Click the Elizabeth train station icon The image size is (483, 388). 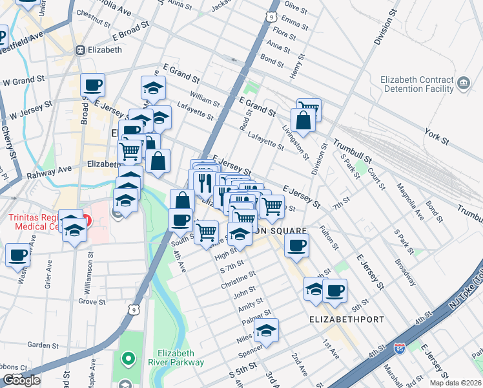pyautogui.click(x=81, y=50)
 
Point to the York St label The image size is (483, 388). pyautogui.click(x=437, y=135)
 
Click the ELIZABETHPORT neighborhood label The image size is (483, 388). pyautogui.click(x=347, y=319)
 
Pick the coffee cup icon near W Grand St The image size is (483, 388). pyautogui.click(x=92, y=84)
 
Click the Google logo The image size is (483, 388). pyautogui.click(x=22, y=380)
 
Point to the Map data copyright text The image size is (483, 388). pyautogui.click(x=455, y=382)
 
